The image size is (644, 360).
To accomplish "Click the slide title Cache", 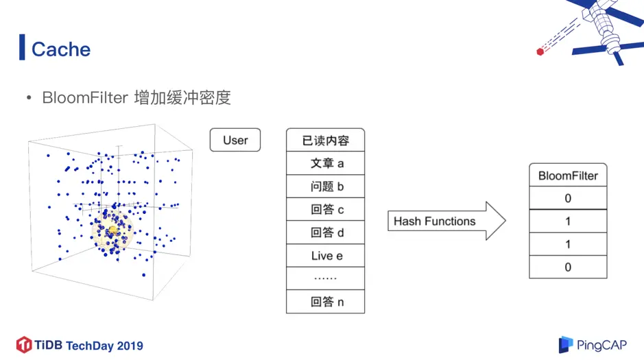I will (61, 49).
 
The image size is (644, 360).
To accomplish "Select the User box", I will (235, 140).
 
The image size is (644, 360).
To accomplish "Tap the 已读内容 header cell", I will (325, 141).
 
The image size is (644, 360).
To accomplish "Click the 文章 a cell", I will (325, 163).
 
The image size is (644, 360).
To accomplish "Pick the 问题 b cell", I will (325, 187).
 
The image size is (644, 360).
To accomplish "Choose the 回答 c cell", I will (325, 210).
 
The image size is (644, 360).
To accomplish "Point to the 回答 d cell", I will (325, 232).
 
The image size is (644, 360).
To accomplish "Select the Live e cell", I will (325, 256).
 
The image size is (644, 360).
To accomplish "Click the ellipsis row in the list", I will (325, 278).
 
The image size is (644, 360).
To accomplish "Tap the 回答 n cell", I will (325, 302).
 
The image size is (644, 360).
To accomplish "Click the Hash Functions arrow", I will (446, 221).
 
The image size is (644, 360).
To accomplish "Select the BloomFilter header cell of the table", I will (568, 176).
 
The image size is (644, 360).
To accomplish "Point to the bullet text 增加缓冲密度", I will (182, 97).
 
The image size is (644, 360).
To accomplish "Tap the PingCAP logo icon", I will (565, 344).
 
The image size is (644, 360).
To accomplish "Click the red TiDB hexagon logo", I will (24, 344).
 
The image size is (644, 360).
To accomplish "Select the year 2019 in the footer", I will (130, 346).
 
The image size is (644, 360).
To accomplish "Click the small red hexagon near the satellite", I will (540, 51).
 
